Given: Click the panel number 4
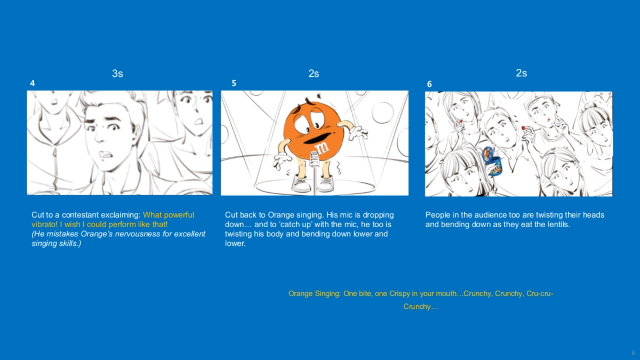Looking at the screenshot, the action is [x=33, y=83].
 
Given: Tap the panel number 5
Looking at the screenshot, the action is [x=234, y=83].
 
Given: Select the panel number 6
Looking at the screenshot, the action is [x=429, y=84].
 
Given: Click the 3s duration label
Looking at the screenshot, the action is [x=117, y=74].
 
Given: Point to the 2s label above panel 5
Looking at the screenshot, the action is [x=314, y=74].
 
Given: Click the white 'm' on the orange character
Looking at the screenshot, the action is [x=322, y=148].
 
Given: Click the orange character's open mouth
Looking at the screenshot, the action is [x=317, y=138].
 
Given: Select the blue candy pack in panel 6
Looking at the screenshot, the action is [x=492, y=162].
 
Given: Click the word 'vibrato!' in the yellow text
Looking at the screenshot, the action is [x=45, y=225].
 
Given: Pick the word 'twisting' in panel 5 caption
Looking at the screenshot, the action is [x=238, y=234].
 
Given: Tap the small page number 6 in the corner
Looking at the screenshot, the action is [x=633, y=353].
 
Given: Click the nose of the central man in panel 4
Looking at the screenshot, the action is [x=100, y=137].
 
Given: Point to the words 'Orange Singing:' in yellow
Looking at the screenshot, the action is [x=315, y=294].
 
